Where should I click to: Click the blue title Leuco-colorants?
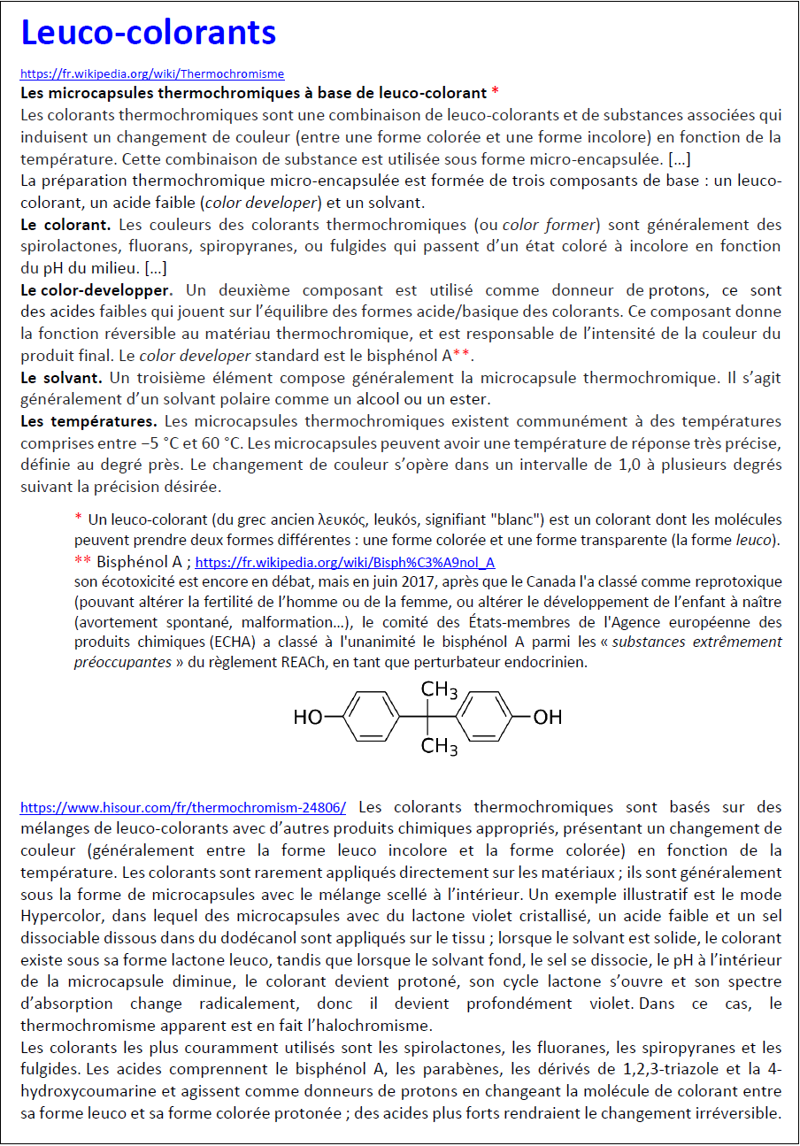[x=148, y=34]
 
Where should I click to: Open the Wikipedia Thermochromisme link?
[x=152, y=74]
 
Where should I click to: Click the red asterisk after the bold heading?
[x=496, y=93]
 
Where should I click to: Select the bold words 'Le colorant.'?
[x=65, y=225]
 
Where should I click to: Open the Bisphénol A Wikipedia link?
[x=344, y=563]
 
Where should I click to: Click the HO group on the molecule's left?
[x=308, y=718]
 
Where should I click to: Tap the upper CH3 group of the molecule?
[x=439, y=689]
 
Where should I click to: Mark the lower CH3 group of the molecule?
[x=439, y=747]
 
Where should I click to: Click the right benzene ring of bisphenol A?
[x=488, y=717]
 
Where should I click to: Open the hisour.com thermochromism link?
[x=182, y=807]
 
